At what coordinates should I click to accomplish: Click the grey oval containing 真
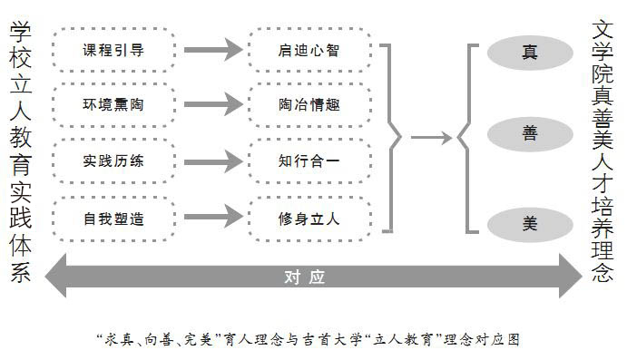coord(529,52)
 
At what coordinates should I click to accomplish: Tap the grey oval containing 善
coord(529,134)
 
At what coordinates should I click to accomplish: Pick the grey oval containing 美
coord(529,220)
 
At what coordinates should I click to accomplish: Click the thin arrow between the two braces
coord(430,138)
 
